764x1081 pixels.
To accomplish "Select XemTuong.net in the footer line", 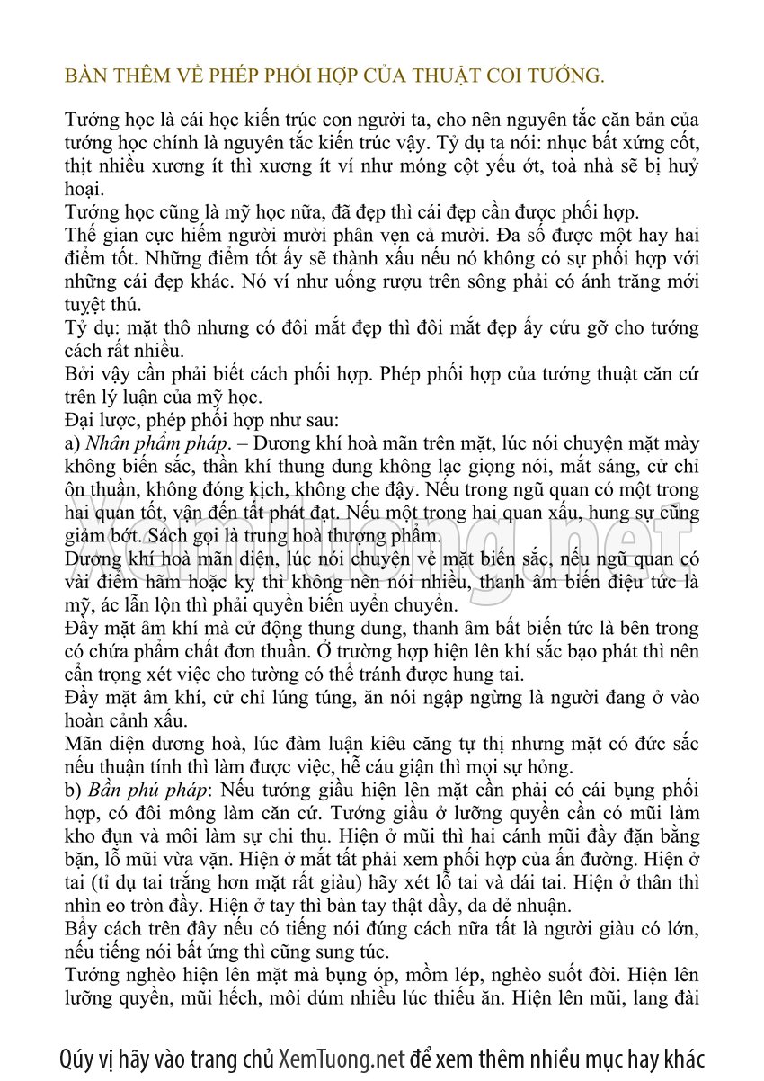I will click(342, 1058).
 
